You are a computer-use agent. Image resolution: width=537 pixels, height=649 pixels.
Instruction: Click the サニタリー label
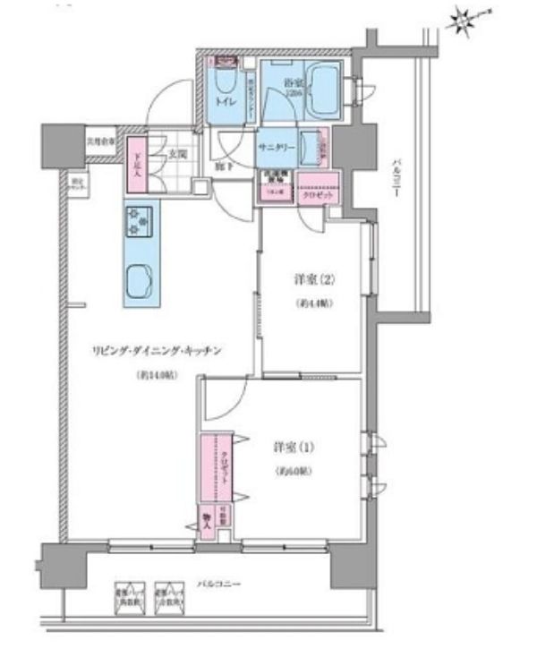[275, 146]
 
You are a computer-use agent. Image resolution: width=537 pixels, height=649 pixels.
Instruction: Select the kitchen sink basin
[139, 283]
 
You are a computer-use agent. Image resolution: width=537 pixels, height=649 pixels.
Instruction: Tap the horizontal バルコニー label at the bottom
[218, 583]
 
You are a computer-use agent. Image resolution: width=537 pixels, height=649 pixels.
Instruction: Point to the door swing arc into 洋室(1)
[228, 396]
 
